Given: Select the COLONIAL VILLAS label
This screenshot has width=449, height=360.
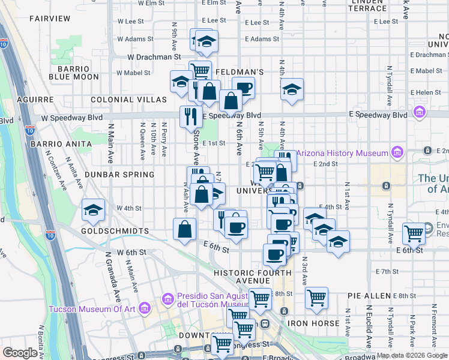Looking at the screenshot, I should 128,99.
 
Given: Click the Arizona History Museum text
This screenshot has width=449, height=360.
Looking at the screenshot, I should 342,154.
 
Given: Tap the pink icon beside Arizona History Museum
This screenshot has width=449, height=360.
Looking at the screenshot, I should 397,153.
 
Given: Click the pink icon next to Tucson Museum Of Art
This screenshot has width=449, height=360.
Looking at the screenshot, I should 144,308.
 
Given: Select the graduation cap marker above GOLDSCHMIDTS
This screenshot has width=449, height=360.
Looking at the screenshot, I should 93,210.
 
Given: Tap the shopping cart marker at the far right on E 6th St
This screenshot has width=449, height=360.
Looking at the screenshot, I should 414,232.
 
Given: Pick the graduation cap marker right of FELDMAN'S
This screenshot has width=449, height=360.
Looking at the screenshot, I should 292,90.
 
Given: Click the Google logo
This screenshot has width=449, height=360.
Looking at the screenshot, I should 20,353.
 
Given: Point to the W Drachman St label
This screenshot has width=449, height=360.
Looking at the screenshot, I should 154,56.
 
